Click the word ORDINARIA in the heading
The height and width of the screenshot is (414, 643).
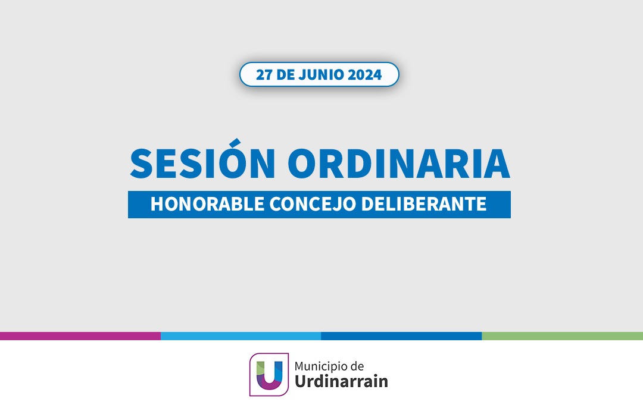pos(399,164)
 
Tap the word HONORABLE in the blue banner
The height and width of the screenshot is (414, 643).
pos(207,204)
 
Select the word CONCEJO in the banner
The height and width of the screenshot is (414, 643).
pos(312,204)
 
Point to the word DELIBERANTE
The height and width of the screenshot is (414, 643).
pos(424,204)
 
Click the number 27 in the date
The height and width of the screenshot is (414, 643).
pos(264,74)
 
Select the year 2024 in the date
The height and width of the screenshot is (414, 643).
pos(365,74)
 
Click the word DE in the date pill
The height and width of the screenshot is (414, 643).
pos(285,74)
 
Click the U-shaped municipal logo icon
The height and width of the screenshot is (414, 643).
pos(269,375)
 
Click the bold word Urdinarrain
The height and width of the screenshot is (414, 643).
pos(341,381)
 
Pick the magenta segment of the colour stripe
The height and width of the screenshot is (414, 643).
pos(80,336)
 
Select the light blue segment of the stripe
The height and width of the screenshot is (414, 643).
pos(241,336)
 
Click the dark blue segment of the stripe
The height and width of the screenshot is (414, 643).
pos(401,336)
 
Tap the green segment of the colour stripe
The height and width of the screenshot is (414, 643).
pos(562,336)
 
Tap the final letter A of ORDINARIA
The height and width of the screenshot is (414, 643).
pos(497,164)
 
